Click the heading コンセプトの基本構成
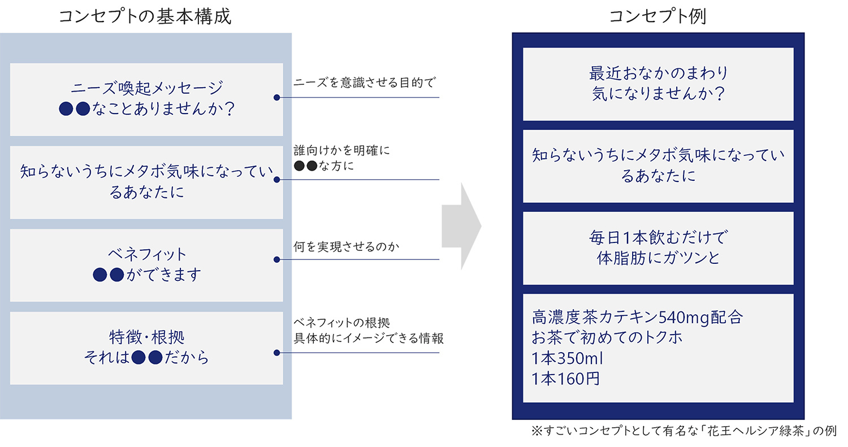(145, 16)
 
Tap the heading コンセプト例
(657, 16)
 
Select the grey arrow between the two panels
(461, 226)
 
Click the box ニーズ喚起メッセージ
(146, 99)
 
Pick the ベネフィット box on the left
(146, 264)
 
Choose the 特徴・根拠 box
(146, 348)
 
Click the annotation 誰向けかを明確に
(342, 151)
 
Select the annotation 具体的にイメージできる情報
(369, 338)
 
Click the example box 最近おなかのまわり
(658, 84)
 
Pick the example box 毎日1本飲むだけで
(658, 248)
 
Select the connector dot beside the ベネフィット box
(276, 260)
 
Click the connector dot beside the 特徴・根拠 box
(276, 353)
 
